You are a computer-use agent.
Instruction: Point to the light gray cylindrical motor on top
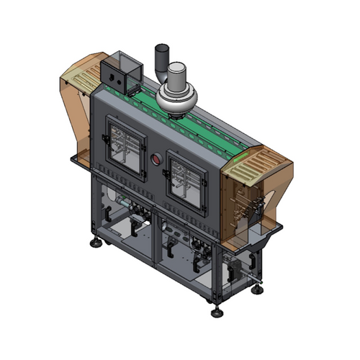pos(177,73)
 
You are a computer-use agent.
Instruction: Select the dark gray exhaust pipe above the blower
pos(162,58)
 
